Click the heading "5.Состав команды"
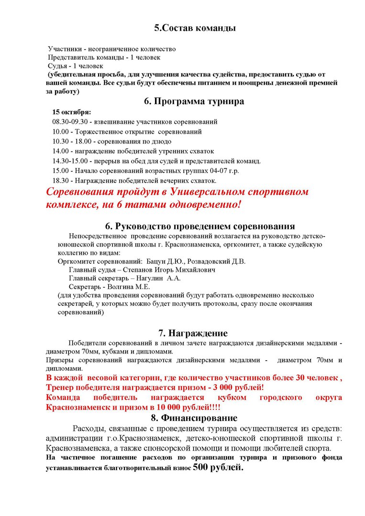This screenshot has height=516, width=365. click(x=195, y=28)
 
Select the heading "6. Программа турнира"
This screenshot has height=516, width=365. click(x=194, y=101)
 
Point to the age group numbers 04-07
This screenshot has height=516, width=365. click(x=215, y=171)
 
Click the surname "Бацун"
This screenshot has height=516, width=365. click(x=155, y=261)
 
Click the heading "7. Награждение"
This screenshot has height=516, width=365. click(x=193, y=333)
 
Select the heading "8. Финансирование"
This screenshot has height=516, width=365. click(x=194, y=418)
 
